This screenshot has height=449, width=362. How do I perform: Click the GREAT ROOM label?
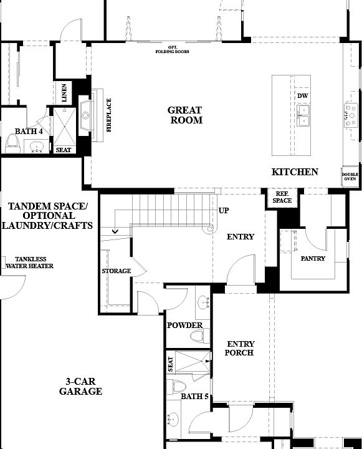click(186, 115)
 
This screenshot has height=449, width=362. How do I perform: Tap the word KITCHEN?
click(295, 172)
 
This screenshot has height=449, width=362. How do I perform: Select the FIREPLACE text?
click(108, 115)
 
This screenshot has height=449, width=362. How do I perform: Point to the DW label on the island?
click(303, 95)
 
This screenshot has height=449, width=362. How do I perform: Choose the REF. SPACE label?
click(282, 197)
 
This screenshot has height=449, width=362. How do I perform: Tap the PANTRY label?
click(313, 258)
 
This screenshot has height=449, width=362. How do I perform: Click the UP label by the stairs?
click(223, 211)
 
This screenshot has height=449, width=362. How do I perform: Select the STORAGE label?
click(117, 271)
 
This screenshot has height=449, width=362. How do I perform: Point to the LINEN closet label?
click(65, 94)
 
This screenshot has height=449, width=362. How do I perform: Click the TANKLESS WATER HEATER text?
click(29, 263)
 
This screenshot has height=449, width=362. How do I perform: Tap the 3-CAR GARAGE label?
click(80, 387)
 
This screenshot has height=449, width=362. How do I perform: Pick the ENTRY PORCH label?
click(240, 349)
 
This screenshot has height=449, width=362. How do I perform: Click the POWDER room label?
click(184, 326)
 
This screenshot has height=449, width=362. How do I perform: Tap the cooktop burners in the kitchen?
click(349, 115)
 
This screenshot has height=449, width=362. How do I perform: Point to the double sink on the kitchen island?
click(305, 115)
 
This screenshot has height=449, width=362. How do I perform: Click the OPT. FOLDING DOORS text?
click(173, 50)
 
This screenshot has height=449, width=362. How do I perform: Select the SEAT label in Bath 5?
click(170, 364)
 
